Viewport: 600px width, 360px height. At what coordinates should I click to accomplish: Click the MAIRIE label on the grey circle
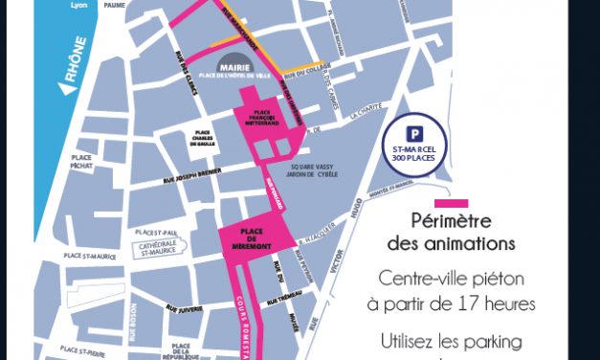click(234, 69)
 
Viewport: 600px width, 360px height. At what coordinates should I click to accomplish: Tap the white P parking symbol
click(414, 134)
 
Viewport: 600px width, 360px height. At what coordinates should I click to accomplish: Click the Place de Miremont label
click(253, 236)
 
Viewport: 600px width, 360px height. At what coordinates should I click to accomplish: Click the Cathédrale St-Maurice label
click(166, 248)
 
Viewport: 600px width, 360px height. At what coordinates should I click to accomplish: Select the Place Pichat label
click(81, 163)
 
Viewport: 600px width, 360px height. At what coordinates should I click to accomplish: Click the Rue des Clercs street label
click(186, 74)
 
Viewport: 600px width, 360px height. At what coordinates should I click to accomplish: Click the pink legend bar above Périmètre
click(451, 203)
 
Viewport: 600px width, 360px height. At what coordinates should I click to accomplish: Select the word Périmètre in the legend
click(451, 221)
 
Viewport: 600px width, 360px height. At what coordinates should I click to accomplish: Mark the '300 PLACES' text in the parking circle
click(414, 157)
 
